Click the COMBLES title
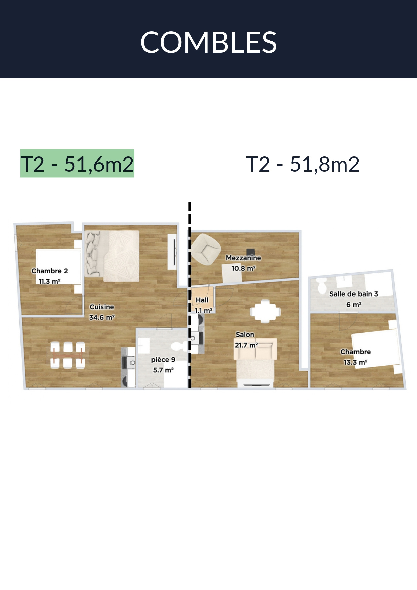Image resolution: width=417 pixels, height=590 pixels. click(x=208, y=42)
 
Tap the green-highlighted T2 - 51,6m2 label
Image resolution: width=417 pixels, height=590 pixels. click(x=77, y=163)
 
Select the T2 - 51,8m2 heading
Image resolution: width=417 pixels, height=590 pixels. click(x=303, y=164)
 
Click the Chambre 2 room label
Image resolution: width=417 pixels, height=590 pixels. click(x=50, y=271)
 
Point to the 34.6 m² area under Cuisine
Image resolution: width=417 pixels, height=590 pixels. click(x=102, y=317)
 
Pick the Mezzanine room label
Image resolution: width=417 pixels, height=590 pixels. click(x=243, y=258)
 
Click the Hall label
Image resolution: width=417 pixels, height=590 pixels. click(x=202, y=300)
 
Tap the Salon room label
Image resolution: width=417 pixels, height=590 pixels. click(x=245, y=335)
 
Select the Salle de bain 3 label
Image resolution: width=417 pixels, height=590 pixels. click(x=353, y=294)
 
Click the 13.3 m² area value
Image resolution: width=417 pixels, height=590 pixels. click(x=356, y=362)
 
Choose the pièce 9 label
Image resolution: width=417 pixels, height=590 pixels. click(x=163, y=360)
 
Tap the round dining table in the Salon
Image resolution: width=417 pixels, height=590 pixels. click(x=265, y=311)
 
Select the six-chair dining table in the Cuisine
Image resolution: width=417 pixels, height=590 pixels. click(x=68, y=355)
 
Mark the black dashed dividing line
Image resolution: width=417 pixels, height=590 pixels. click(x=190, y=295)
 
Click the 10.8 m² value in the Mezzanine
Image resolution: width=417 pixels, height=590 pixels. click(x=243, y=269)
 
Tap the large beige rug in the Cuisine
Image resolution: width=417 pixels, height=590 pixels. click(x=121, y=256)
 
